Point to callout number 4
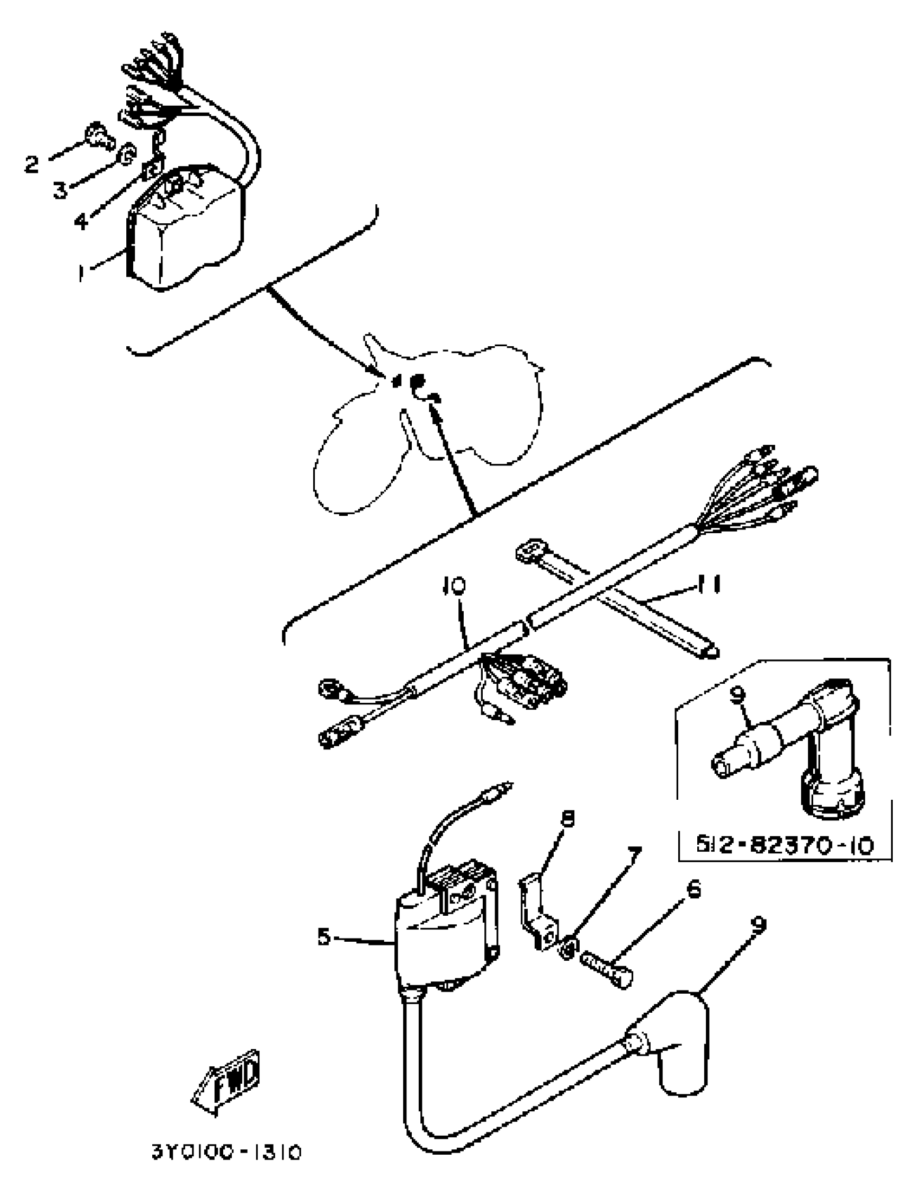[x=81, y=221]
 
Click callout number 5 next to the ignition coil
[x=324, y=937]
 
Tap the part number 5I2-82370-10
[x=784, y=845]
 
